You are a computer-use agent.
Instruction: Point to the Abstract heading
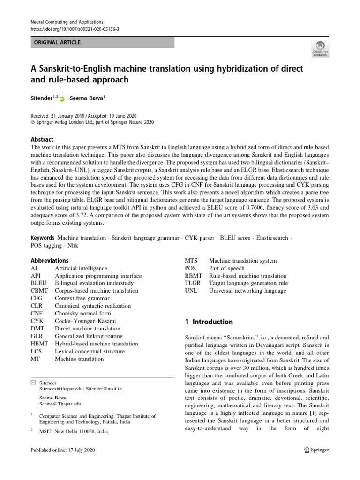click(x=42, y=139)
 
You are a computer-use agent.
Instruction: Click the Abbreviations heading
click(x=49, y=260)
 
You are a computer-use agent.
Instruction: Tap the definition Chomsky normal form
click(x=83, y=314)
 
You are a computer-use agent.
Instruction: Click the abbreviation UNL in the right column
click(x=192, y=291)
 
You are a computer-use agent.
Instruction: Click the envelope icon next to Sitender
click(x=33, y=383)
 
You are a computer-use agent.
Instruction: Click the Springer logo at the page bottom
click(x=316, y=450)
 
